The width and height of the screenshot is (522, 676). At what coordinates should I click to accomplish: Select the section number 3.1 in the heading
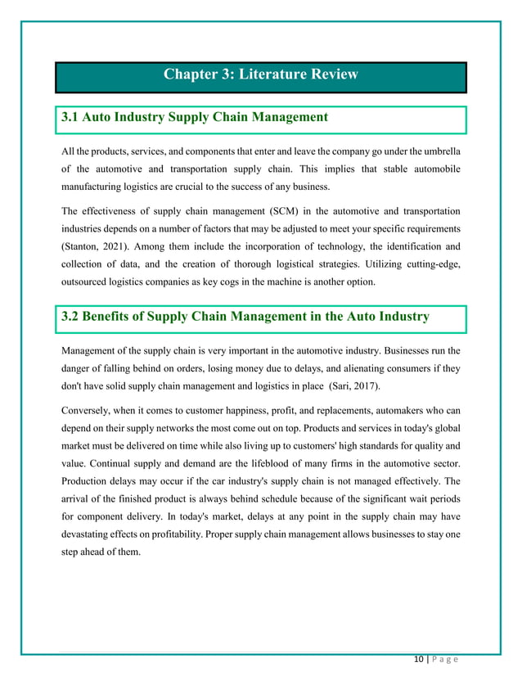coord(73,118)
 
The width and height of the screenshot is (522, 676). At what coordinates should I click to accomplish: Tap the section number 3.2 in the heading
coord(74,317)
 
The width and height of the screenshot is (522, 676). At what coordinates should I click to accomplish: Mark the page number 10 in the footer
coord(419,660)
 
